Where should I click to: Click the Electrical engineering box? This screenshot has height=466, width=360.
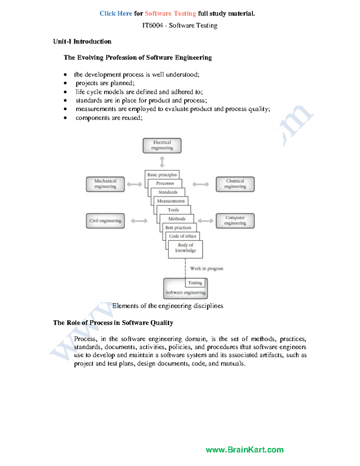(162, 146)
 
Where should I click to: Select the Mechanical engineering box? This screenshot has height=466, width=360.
(105, 184)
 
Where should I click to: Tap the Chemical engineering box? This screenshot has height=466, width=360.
(235, 184)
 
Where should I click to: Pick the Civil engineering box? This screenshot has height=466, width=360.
(105, 221)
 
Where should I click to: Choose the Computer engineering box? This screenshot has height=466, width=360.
(235, 221)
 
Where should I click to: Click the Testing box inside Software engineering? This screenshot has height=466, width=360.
(195, 283)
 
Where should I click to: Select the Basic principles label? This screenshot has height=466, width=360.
(162, 175)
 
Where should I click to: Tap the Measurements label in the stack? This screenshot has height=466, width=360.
(171, 201)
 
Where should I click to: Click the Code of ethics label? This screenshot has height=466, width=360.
(182, 236)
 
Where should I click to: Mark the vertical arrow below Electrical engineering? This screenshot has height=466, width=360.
(162, 162)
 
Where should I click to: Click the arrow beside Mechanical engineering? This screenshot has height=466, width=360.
(134, 184)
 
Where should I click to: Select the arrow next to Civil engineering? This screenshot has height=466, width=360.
(139, 221)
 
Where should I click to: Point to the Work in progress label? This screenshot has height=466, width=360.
(207, 269)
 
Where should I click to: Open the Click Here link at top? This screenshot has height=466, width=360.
(116, 14)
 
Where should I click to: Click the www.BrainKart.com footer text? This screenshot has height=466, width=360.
(244, 449)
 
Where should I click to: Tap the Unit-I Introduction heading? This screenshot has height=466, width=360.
(82, 41)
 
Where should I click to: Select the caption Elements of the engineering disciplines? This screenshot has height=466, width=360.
(168, 306)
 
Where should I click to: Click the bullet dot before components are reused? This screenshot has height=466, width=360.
(65, 118)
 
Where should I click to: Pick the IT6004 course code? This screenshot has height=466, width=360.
(152, 26)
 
